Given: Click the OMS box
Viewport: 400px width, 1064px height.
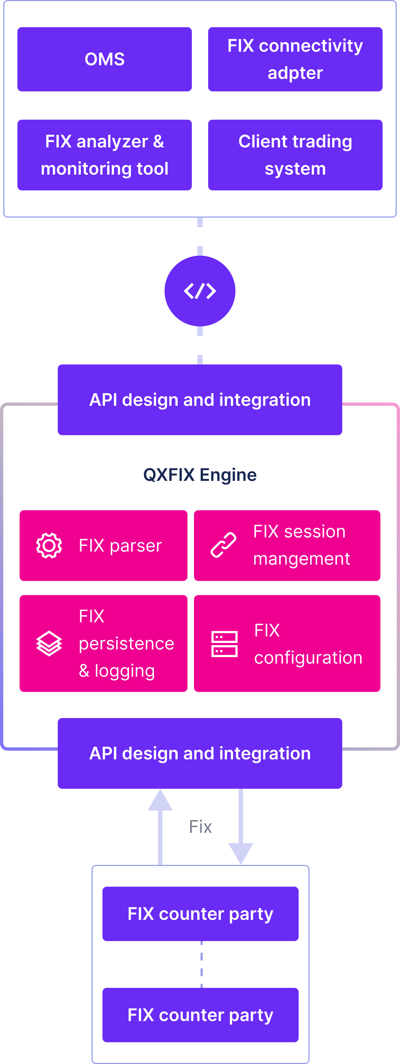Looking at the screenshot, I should click(104, 59).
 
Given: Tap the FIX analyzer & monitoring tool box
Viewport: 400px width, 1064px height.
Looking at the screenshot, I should click(104, 155).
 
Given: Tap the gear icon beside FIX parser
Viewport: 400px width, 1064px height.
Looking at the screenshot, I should click(49, 546).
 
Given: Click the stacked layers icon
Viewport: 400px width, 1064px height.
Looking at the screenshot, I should click(49, 643).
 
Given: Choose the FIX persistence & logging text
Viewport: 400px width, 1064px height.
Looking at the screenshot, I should click(126, 643).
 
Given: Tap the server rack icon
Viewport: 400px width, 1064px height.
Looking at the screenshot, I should click(224, 644).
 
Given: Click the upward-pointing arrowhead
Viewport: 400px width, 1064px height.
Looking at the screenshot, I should click(160, 800).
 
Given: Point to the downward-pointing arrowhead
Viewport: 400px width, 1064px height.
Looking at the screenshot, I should click(241, 853).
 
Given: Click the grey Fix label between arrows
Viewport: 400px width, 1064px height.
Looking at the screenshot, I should click(200, 827).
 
